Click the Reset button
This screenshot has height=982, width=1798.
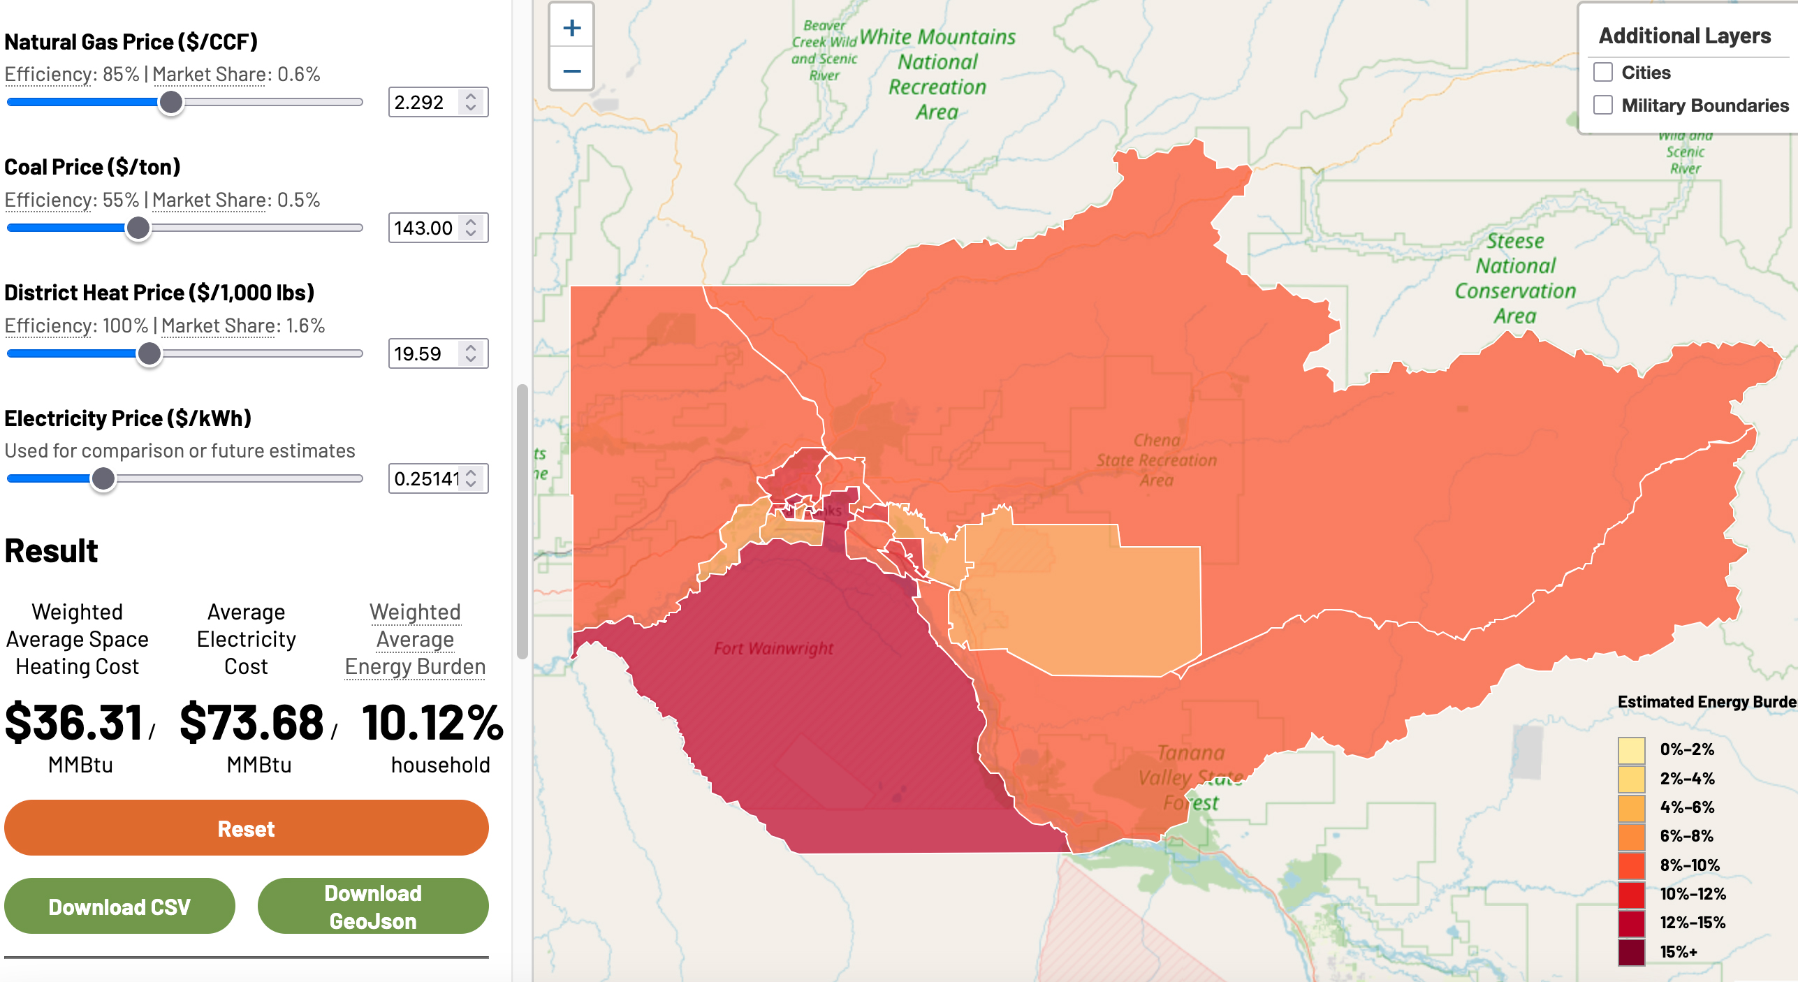click(x=246, y=828)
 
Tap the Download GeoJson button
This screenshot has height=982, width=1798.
click(x=372, y=907)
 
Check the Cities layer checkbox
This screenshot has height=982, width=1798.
click(x=1603, y=73)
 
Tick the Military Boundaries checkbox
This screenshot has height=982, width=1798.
click(x=1603, y=105)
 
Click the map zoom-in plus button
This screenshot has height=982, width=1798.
click(x=571, y=28)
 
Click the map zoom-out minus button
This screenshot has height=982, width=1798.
click(x=571, y=71)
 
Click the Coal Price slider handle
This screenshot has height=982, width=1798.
click(x=138, y=228)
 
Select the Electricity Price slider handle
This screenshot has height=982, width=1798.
click(x=103, y=478)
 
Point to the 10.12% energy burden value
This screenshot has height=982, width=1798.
click(x=432, y=723)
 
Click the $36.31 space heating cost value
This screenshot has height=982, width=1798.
click(x=74, y=723)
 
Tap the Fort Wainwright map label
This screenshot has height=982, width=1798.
click(x=773, y=649)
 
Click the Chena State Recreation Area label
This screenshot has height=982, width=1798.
click(x=1157, y=460)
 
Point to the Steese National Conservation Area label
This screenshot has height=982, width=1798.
click(x=1515, y=279)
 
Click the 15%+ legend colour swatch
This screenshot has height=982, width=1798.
click(x=1631, y=952)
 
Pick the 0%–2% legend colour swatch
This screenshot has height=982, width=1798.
click(x=1631, y=750)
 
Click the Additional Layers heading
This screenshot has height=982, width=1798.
click(x=1684, y=36)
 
